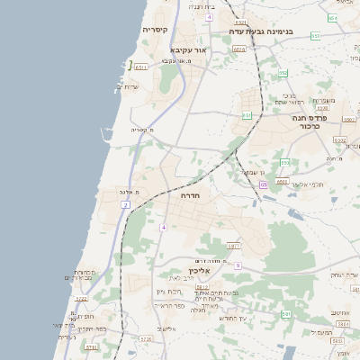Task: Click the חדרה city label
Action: (x=190, y=194)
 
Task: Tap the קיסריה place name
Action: (x=155, y=30)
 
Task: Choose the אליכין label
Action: (x=199, y=270)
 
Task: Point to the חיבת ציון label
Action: (x=169, y=291)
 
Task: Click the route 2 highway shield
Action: (x=126, y=205)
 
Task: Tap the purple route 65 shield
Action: (x=263, y=184)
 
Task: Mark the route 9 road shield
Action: (x=238, y=265)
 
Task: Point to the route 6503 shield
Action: (x=283, y=182)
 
